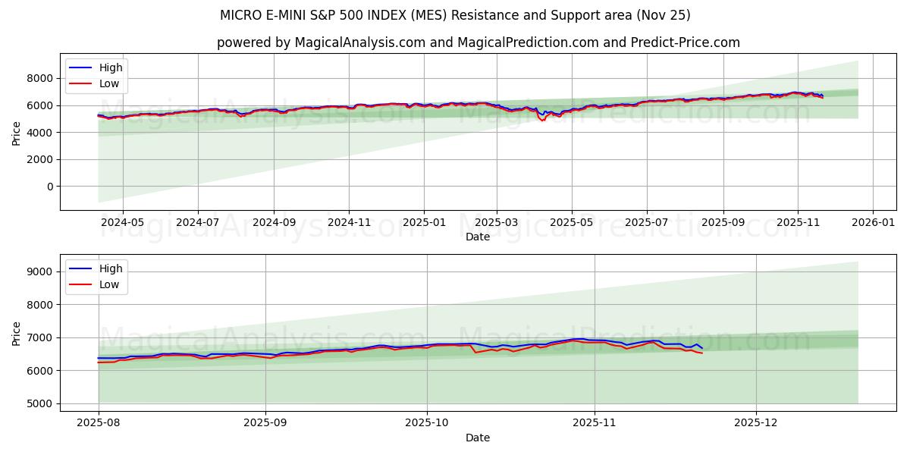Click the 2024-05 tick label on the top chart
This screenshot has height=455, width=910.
122,222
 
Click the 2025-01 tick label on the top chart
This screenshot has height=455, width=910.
423,222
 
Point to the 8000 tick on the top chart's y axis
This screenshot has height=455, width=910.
40,78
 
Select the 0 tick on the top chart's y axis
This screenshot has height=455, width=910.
50,187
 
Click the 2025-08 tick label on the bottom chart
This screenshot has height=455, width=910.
99,423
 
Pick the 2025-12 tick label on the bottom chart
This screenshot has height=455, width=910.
756,423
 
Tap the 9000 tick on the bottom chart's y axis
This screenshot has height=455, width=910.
40,271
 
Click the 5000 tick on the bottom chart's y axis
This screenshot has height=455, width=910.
40,403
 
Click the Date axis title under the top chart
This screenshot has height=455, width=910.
478,237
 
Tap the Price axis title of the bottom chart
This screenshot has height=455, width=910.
17,333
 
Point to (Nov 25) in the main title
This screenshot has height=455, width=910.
663,15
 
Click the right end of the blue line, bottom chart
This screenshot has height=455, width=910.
701,348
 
